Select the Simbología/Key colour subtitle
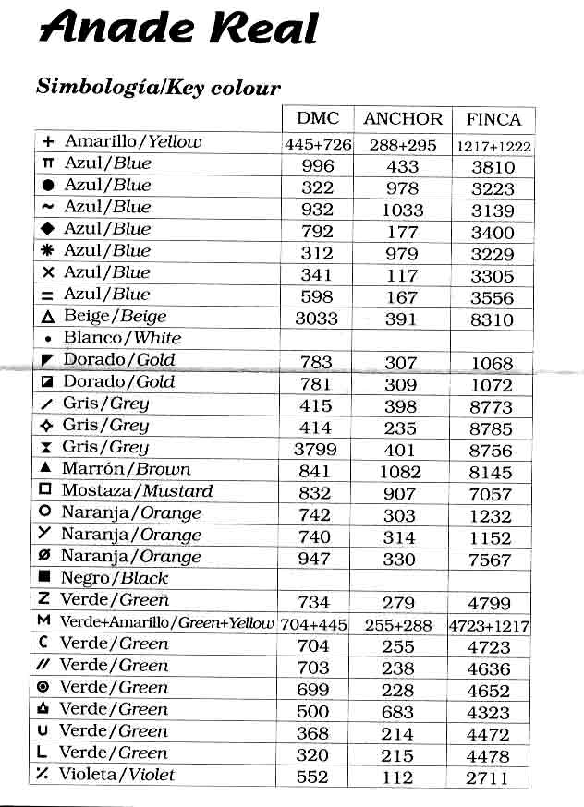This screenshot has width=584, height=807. pyautogui.click(x=158, y=88)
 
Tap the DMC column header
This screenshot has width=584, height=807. pyautogui.click(x=318, y=119)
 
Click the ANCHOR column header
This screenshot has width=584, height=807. pyautogui.click(x=403, y=119)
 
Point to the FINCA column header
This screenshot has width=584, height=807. pyautogui.click(x=493, y=119)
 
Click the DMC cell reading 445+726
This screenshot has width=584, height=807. pyautogui.click(x=318, y=144)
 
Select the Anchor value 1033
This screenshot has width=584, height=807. pyautogui.click(x=401, y=210)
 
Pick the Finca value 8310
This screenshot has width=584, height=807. pyautogui.click(x=492, y=319)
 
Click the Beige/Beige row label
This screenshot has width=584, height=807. pyautogui.click(x=116, y=316)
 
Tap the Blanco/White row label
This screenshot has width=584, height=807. pyautogui.click(x=122, y=338)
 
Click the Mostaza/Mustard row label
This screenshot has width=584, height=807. pyautogui.click(x=137, y=491)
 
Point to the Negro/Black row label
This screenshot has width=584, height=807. pyautogui.click(x=114, y=578)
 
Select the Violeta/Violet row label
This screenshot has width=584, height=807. pyautogui.click(x=116, y=775)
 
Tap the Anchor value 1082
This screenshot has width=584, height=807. pyautogui.click(x=400, y=472)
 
